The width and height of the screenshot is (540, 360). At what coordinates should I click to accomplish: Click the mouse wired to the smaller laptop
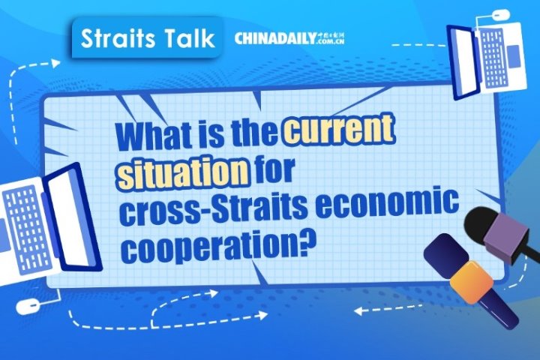pyautogui.click(x=499, y=13)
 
